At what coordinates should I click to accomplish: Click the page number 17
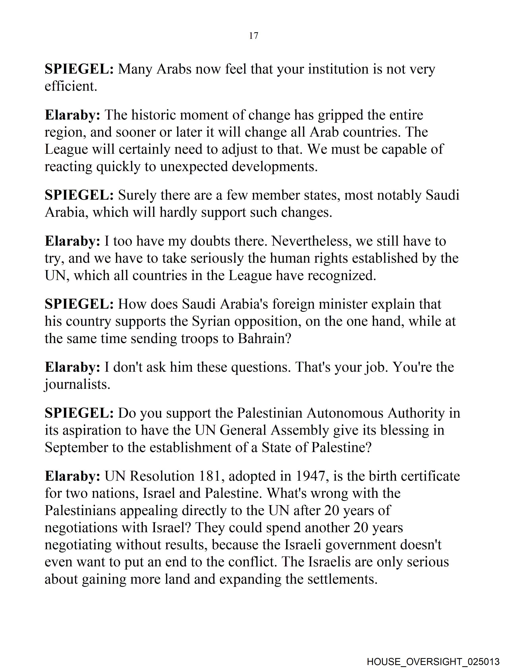point(253,36)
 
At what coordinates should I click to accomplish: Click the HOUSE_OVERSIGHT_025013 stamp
point(433,661)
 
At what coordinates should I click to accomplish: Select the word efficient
point(71,86)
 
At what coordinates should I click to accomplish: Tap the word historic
point(153,115)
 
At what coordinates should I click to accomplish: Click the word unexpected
point(194,167)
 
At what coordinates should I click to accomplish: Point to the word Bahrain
point(264,339)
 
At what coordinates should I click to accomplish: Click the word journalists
point(78,385)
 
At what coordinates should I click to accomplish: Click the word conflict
point(253,562)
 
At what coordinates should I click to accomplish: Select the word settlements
point(342,580)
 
